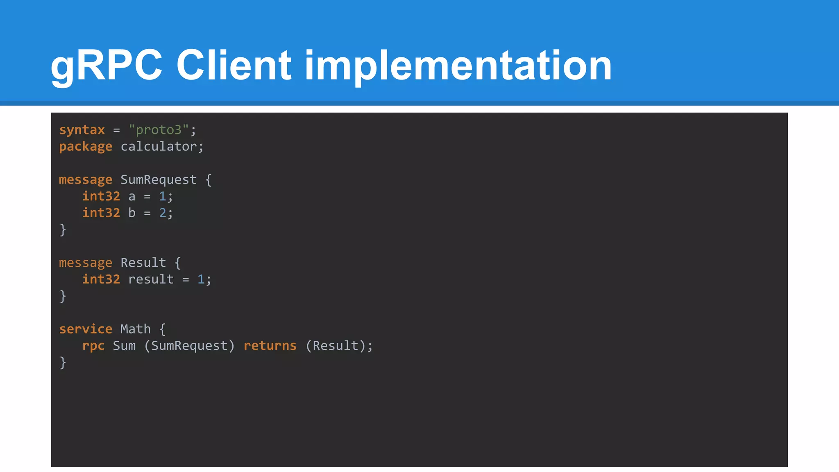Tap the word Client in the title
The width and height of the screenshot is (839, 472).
coord(234,66)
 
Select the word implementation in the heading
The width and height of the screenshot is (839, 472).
coord(458,66)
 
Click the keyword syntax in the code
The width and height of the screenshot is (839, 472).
coord(82,130)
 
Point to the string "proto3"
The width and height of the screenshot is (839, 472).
coord(159,130)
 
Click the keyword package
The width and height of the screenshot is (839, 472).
coord(86,147)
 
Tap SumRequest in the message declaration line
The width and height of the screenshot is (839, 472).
coord(159,180)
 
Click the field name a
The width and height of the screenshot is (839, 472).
coord(132,197)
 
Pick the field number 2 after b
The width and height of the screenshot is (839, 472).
coord(163,213)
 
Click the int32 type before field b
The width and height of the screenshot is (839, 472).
coord(101,213)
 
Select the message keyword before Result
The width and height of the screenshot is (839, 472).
coord(86,263)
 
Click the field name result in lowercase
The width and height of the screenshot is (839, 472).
coord(151,279)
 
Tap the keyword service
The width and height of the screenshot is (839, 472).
coord(86,329)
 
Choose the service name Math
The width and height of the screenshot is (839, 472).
coord(136,329)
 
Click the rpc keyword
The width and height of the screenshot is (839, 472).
coord(93,346)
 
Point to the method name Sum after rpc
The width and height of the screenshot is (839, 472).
coord(124,346)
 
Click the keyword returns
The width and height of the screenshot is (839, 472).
coord(270,346)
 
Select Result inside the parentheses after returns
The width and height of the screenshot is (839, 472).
coord(336,346)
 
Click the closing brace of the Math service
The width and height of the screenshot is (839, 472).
coord(63,363)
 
